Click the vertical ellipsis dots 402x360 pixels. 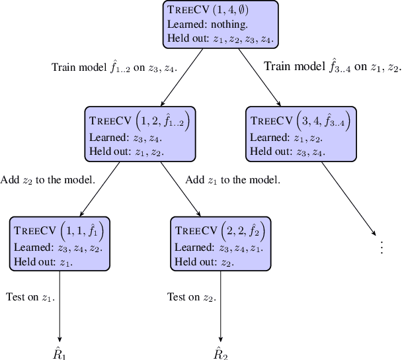[x=381, y=247]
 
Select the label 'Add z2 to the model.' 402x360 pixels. [x=48, y=180]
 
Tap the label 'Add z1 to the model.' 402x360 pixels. [x=233, y=180]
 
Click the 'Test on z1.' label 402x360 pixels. [x=30, y=297]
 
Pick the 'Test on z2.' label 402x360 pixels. [x=192, y=297]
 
